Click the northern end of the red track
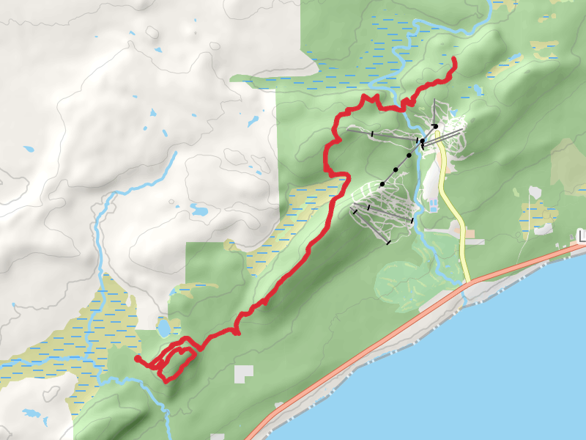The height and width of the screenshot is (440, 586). pyautogui.click(x=455, y=58)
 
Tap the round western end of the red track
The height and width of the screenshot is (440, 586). pyautogui.click(x=138, y=359)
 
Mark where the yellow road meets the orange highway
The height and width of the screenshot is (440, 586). pyautogui.click(x=467, y=282)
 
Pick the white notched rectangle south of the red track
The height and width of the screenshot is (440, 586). pyautogui.click(x=242, y=373)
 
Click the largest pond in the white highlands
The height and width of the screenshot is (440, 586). pyautogui.click(x=199, y=210)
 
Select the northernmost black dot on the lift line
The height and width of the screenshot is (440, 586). pyautogui.click(x=435, y=127)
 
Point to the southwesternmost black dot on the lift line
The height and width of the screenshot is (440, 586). pyautogui.click(x=382, y=183)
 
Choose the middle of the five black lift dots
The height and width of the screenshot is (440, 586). pyautogui.click(x=409, y=155)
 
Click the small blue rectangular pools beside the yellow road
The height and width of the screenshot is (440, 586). pyautogui.click(x=431, y=202)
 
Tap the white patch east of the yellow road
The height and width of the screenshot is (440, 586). pyautogui.click(x=534, y=193)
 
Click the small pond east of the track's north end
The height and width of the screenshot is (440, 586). pyautogui.click(x=478, y=91)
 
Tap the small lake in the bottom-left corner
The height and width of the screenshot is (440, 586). pyautogui.click(x=33, y=415)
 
